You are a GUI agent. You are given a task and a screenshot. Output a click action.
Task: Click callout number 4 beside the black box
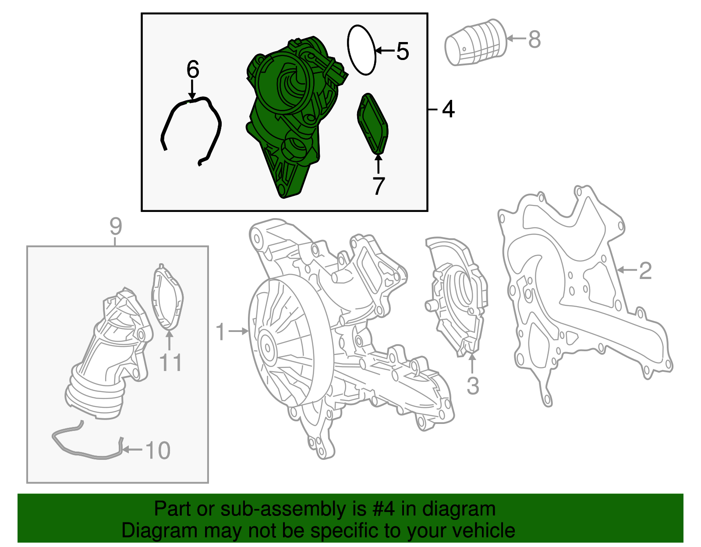(x=448, y=109)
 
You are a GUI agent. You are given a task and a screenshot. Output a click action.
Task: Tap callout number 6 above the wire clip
(x=193, y=70)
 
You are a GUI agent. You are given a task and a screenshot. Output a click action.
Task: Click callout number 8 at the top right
(x=535, y=39)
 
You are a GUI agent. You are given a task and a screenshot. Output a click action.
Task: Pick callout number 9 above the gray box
(x=115, y=226)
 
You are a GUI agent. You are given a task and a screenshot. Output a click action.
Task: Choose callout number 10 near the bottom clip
(x=157, y=450)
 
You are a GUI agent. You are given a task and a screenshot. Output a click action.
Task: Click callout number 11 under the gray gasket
(x=170, y=363)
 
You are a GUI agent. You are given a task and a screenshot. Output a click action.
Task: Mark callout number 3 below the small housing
(x=472, y=386)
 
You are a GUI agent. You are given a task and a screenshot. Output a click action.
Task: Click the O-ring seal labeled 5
(x=362, y=50)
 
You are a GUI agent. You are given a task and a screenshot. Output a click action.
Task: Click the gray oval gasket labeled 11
(x=167, y=298)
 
